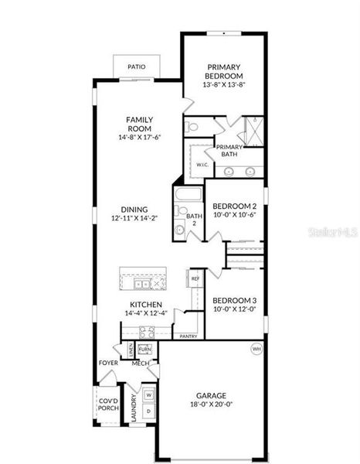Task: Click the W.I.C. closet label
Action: pos(202,165)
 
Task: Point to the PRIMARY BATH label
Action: pos(229,151)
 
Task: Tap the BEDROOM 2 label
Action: pos(234,206)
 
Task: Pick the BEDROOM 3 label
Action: pos(234,300)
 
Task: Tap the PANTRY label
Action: pos(188,336)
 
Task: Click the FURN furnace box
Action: pos(144,350)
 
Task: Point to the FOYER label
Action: pos(107,363)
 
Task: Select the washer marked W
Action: pos(148,395)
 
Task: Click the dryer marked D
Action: pos(148,410)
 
